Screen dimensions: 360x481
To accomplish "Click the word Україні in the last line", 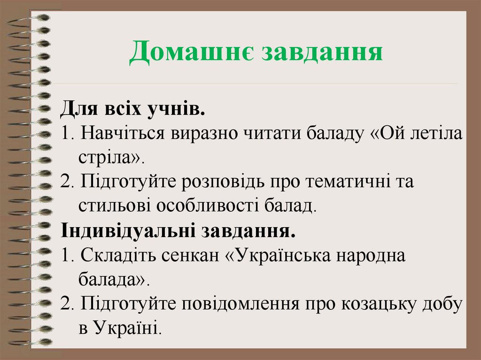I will (125, 328).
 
